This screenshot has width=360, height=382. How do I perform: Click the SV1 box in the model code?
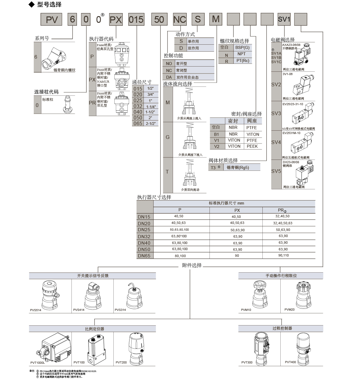pos(284,19)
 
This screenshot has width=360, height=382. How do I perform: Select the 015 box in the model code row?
pos(136,20)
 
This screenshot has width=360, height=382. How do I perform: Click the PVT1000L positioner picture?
pos(57,347)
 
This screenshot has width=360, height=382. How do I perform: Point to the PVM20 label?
pos(289,310)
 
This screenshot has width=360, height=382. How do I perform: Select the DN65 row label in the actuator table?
pos(144,256)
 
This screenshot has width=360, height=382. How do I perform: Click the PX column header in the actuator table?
pos(237,210)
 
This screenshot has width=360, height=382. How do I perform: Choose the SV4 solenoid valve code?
pos(276,142)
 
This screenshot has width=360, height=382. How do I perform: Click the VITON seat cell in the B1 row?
pos(253,134)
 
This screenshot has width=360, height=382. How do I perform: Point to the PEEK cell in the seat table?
pos(252,146)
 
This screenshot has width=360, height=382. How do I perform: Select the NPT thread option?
pos(241,54)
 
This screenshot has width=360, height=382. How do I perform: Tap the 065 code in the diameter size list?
pos(138,123)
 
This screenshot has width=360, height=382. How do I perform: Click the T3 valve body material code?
pos(213,168)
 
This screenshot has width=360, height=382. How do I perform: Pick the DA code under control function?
pos(169,77)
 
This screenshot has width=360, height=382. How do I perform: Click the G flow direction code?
pos(168,137)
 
